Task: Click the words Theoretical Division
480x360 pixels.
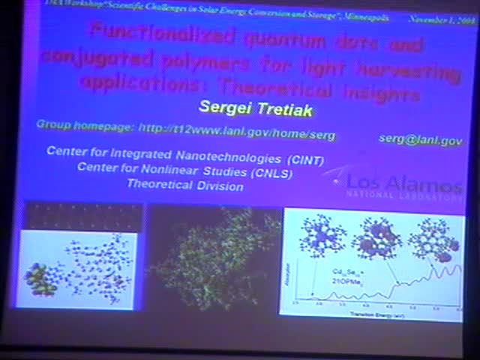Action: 184,185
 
